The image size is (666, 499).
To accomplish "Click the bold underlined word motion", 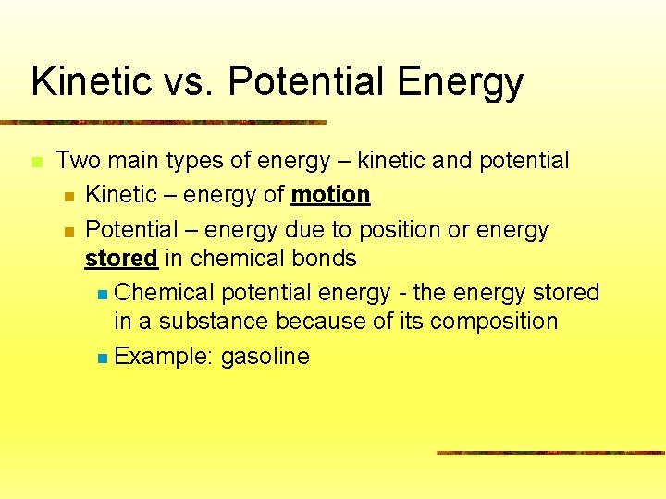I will [x=330, y=195].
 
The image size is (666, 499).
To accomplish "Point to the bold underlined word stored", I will [x=121, y=259].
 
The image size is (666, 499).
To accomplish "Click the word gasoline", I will [x=265, y=357].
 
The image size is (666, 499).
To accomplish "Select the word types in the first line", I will [x=194, y=162].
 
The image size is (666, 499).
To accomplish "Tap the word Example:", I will [x=164, y=357].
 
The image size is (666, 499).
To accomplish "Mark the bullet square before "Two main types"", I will [x=36, y=162].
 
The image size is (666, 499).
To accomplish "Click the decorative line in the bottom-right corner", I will [x=550, y=453].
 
